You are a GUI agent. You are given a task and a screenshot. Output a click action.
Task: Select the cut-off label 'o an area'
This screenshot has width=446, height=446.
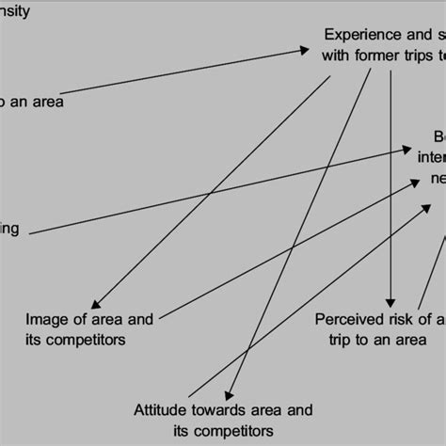point(32,102)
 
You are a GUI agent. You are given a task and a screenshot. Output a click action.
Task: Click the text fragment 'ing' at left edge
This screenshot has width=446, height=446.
point(9,229)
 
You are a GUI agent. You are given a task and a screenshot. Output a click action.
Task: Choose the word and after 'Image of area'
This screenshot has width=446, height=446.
point(139,318)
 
